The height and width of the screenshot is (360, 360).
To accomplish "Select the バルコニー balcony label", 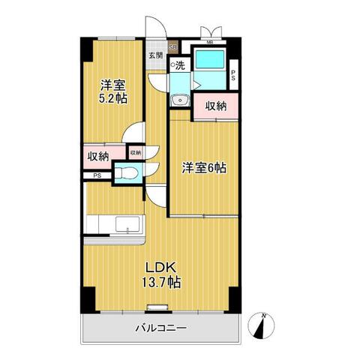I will click(160, 327).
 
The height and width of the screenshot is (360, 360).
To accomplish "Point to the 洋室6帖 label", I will click(203, 169).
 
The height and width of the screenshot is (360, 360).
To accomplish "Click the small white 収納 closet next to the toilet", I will click(134, 153).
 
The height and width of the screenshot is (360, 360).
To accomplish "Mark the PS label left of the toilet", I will click(97, 175).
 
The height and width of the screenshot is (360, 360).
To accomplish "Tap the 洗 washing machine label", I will click(180, 65).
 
